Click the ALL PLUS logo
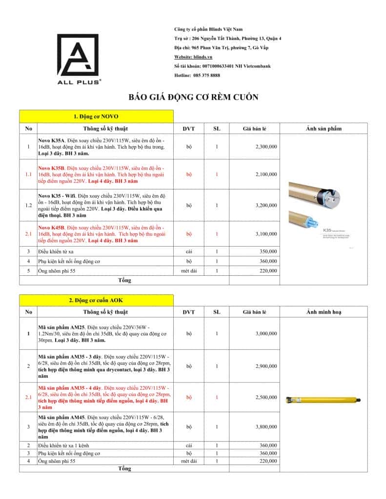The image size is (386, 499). [80, 58]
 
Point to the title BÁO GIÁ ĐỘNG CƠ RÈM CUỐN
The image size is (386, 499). [193, 97]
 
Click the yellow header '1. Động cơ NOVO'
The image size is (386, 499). [96, 116]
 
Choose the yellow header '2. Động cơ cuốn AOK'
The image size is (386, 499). [96, 300]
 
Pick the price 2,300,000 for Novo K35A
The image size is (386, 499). [266, 146]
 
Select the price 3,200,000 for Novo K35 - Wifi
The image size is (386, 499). [266, 205]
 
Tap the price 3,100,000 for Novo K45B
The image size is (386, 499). [266, 234]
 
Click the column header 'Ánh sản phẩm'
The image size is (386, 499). [324, 129]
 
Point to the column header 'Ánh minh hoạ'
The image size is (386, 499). [324, 312]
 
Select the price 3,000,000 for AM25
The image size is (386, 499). [266, 333]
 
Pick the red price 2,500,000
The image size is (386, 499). [266, 397]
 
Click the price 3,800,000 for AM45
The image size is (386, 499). [266, 427]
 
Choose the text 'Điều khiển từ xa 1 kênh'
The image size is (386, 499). [63, 445]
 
